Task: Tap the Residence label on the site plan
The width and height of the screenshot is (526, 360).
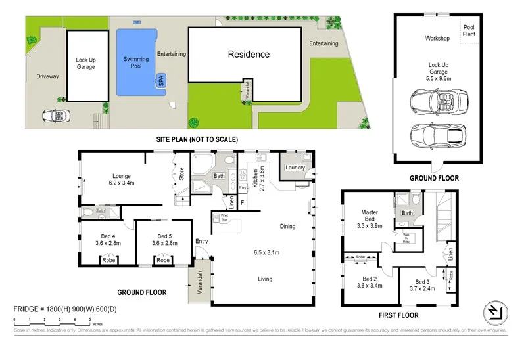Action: click(x=249, y=55)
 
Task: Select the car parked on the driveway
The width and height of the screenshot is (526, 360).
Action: click(x=55, y=115)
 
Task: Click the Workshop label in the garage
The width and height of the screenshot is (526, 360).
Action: click(x=437, y=39)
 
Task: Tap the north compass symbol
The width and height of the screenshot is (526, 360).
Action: click(x=494, y=312)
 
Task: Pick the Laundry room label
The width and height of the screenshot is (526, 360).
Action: click(x=295, y=168)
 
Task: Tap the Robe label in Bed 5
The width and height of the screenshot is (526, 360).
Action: click(x=162, y=259)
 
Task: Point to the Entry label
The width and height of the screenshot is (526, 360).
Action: click(x=201, y=242)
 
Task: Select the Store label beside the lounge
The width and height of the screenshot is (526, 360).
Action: click(x=181, y=176)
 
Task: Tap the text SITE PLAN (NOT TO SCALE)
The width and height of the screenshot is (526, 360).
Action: click(x=197, y=139)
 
